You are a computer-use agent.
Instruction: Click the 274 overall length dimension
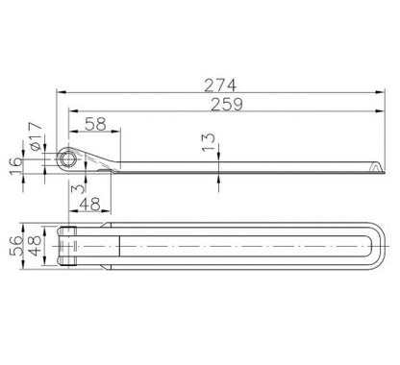[x=220, y=85]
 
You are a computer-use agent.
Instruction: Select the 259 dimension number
[x=227, y=105]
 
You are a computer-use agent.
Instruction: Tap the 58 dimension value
[x=95, y=124]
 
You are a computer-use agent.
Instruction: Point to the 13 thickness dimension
[x=209, y=142]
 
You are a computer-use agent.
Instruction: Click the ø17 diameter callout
[x=36, y=136]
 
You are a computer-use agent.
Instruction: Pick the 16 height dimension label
[x=16, y=166]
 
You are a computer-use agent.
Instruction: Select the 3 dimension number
[x=78, y=189]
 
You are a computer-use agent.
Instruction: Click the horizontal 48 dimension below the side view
[x=90, y=204]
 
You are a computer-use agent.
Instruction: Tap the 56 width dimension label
[x=16, y=246]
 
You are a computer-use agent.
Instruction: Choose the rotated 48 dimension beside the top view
[x=35, y=246]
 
